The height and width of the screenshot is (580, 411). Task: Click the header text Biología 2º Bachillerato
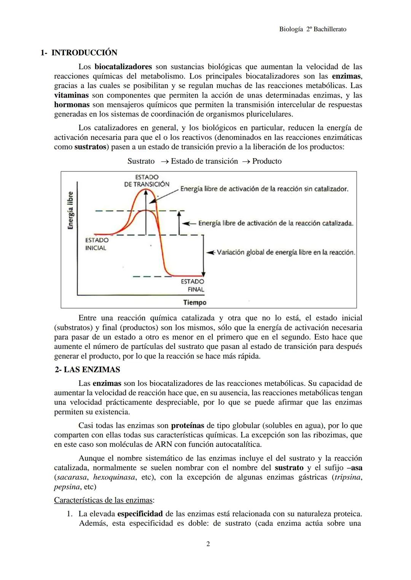(x=312, y=29)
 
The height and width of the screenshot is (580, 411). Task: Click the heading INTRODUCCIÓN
(x=84, y=52)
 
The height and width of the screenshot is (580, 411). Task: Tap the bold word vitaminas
(x=71, y=95)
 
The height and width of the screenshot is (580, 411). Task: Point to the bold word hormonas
(x=72, y=105)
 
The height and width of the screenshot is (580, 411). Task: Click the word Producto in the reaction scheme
(x=267, y=161)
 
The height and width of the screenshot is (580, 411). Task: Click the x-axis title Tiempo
(x=194, y=303)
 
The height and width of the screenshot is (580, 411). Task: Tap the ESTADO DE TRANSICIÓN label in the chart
(x=147, y=181)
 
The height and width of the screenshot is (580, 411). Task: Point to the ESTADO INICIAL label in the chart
(x=96, y=244)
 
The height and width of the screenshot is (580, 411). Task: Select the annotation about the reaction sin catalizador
(x=264, y=189)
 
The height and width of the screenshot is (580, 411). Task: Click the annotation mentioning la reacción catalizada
(x=276, y=223)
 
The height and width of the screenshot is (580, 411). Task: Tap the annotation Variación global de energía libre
(x=286, y=252)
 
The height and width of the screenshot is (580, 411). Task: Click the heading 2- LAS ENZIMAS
(x=87, y=370)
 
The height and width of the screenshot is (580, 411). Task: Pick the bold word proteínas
(x=188, y=425)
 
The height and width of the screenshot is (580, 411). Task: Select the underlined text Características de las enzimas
(x=104, y=500)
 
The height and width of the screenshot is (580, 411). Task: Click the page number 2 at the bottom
(x=208, y=544)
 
